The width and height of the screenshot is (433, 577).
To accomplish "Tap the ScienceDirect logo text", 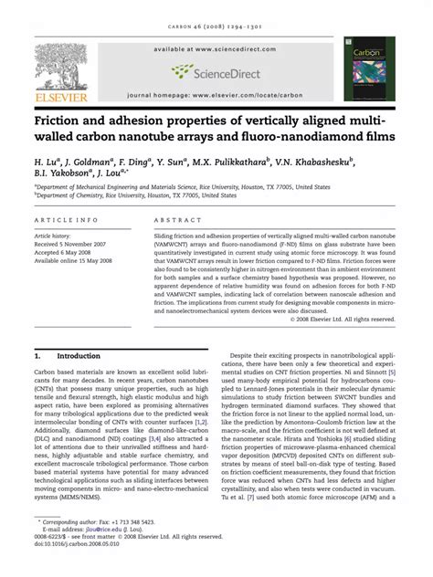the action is pyautogui.click(x=225, y=70).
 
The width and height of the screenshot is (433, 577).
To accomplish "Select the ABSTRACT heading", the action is pyautogui.click(x=177, y=221).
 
